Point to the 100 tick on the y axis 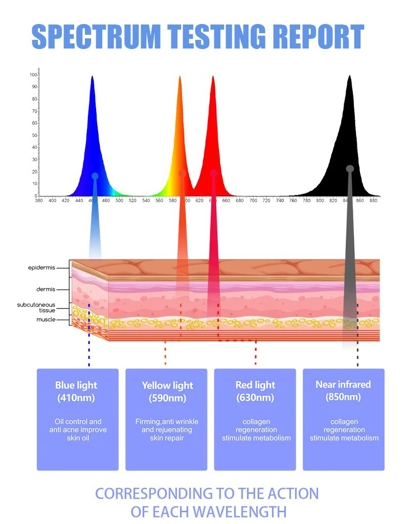click(x=34, y=75)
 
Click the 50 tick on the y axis click(x=35, y=135)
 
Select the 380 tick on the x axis click(x=39, y=201)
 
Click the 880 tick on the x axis click(x=373, y=201)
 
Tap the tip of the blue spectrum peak click(x=92, y=76)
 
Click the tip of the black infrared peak click(x=349, y=76)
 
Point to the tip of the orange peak click(x=179, y=77)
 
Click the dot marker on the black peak click(x=350, y=169)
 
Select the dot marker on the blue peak click(x=95, y=176)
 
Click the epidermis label click(x=41, y=268)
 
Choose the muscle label click(x=46, y=320)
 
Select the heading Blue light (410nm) click(x=76, y=391)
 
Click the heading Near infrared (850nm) click(x=343, y=391)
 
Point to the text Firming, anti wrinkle click(x=167, y=422)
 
